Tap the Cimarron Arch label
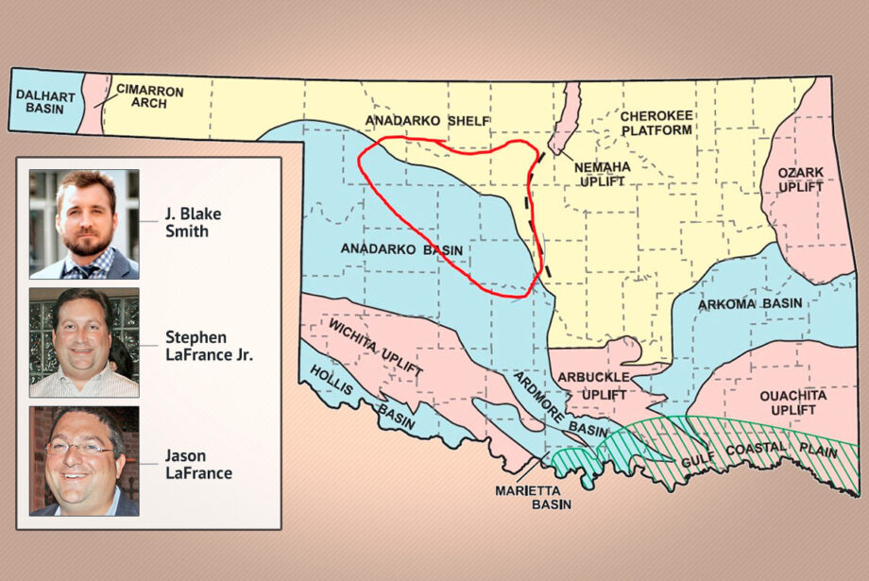pyautogui.click(x=149, y=96)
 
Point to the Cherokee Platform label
pyautogui.click(x=656, y=123)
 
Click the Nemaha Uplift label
pyautogui.click(x=601, y=173)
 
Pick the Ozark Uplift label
pyautogui.click(x=800, y=179)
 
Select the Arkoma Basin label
pyautogui.click(x=750, y=304)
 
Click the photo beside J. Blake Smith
pyautogui.click(x=84, y=224)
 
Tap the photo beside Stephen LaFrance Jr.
pyautogui.click(x=84, y=342)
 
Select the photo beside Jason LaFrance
pyautogui.click(x=84, y=461)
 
